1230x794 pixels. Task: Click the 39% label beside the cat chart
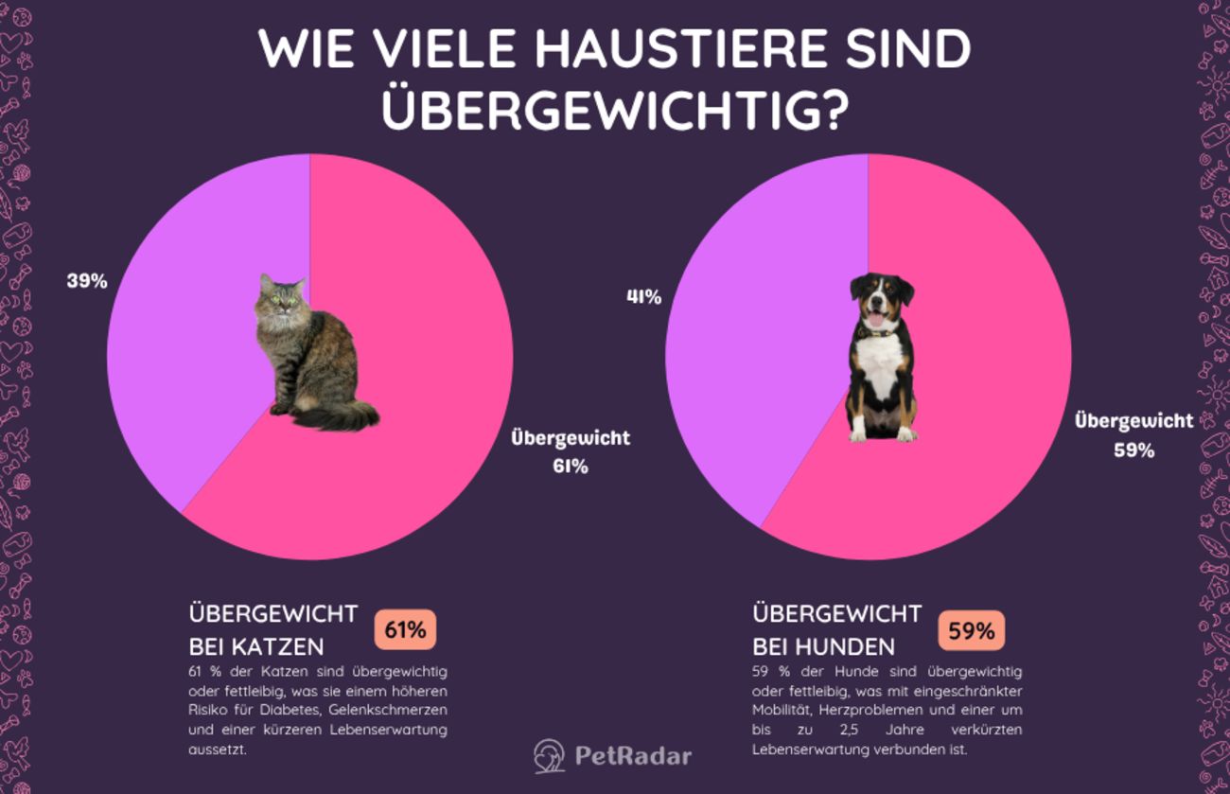tap(87, 281)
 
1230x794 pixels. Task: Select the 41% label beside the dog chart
tap(643, 296)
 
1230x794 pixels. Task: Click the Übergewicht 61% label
tap(571, 451)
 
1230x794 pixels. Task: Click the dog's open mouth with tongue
tap(877, 318)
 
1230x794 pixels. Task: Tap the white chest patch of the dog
tap(881, 365)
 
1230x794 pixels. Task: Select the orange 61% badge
tap(405, 630)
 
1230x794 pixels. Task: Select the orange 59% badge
tap(971, 630)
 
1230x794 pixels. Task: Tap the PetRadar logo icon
tap(549, 756)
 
